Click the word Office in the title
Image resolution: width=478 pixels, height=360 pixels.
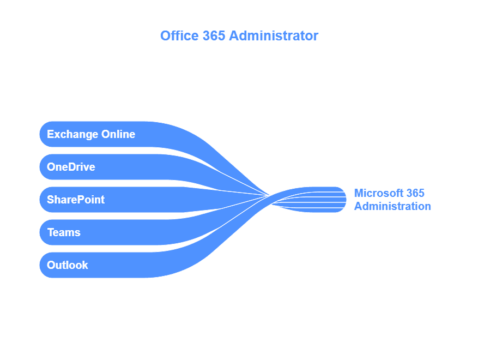click(x=175, y=36)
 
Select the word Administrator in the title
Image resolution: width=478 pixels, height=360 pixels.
click(x=273, y=36)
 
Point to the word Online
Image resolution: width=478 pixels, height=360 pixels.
click(x=118, y=134)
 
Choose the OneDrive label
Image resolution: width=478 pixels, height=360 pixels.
click(x=71, y=167)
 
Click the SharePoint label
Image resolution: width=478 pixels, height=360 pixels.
click(x=76, y=200)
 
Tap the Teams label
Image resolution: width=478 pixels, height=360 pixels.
click(x=64, y=232)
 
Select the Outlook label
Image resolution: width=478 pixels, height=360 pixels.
click(x=68, y=265)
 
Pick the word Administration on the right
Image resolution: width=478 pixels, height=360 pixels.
click(x=392, y=206)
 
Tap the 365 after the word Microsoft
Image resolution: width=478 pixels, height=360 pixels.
click(x=416, y=193)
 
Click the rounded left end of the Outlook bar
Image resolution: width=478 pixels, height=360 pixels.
click(x=43, y=265)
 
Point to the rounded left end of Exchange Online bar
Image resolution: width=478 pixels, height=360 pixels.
click(x=43, y=134)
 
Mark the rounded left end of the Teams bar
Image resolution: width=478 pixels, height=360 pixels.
click(x=43, y=232)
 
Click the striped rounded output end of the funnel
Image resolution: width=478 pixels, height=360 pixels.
click(x=338, y=200)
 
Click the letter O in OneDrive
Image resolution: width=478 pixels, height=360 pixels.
click(x=51, y=167)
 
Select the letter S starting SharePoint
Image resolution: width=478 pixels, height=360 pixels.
click(x=50, y=200)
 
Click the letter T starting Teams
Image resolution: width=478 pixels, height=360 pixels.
click(x=50, y=232)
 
